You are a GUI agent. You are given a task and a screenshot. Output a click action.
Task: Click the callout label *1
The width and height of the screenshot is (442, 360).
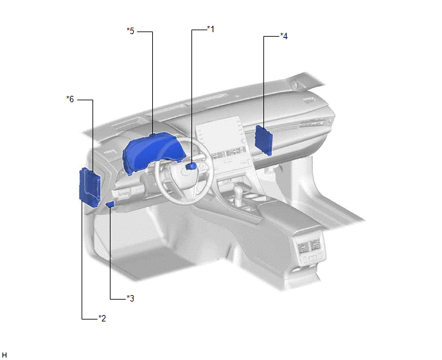[x=211, y=29]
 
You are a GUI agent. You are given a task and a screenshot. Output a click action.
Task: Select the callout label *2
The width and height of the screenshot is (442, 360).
[x=102, y=318]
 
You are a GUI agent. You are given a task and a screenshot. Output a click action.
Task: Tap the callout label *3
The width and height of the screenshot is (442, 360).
[x=130, y=298]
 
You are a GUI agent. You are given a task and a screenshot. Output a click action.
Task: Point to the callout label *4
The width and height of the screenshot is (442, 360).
[x=284, y=36]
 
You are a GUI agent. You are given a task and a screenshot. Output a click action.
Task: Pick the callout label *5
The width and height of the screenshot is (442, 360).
[x=130, y=31]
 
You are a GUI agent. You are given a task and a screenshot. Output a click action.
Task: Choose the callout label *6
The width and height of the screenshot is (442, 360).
[x=70, y=99]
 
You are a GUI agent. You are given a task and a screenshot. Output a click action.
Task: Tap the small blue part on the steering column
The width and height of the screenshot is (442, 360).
[x=191, y=166]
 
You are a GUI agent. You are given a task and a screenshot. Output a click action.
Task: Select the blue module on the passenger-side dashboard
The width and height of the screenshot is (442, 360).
[x=263, y=140]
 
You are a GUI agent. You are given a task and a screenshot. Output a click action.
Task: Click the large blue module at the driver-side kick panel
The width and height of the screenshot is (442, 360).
[x=89, y=187]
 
